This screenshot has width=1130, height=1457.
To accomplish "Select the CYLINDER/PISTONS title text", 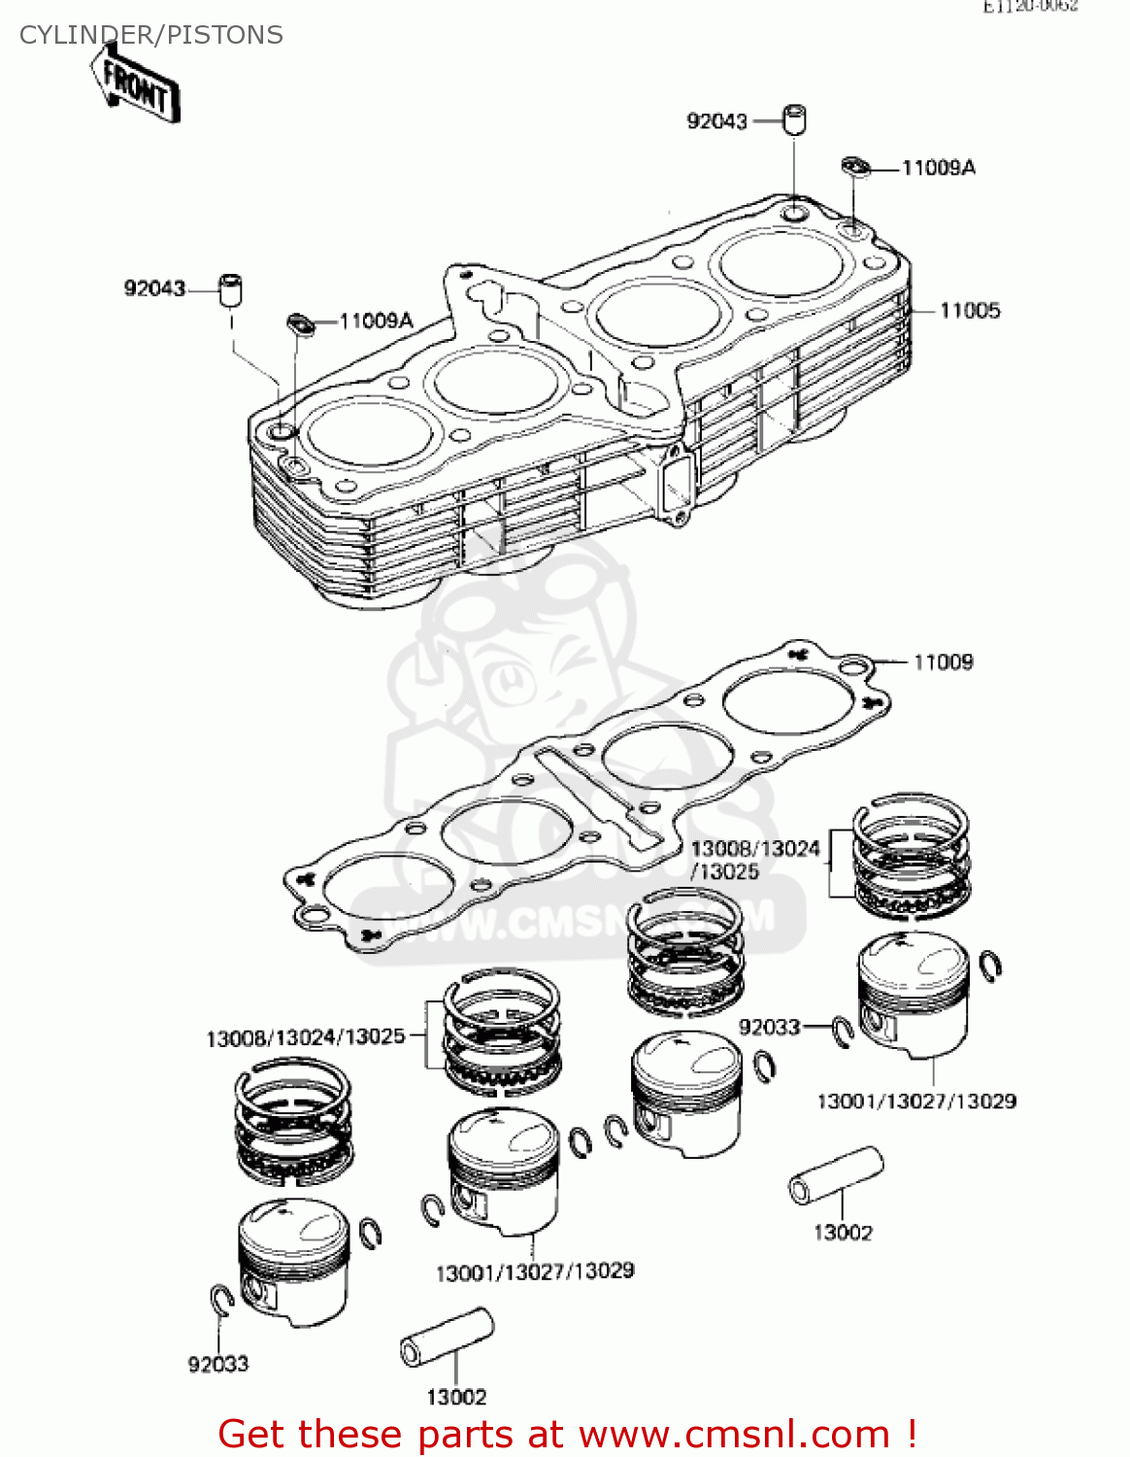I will point(151,35).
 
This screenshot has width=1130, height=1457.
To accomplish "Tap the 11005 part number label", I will point(969,311).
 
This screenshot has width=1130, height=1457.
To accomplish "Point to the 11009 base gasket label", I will point(943,662).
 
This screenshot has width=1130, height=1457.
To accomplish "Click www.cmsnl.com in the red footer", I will point(734,1434).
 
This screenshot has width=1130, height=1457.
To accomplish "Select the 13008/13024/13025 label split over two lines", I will point(754,860).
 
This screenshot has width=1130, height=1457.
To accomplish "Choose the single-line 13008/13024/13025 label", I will point(305,1037).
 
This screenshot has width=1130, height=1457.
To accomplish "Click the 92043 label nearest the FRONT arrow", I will point(154,288).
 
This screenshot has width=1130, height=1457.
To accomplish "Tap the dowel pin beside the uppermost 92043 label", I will point(795,119).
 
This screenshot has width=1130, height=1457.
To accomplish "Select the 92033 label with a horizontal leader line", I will point(769,1028).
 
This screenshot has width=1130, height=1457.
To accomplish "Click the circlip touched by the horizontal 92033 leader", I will point(843,1033).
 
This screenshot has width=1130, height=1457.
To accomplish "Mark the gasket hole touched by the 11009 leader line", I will point(853,666).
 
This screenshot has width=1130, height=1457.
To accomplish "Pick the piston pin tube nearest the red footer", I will point(447,1338).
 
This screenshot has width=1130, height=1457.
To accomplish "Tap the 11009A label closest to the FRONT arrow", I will point(376,321).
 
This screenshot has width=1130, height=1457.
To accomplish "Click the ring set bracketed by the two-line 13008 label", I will point(911,857).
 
